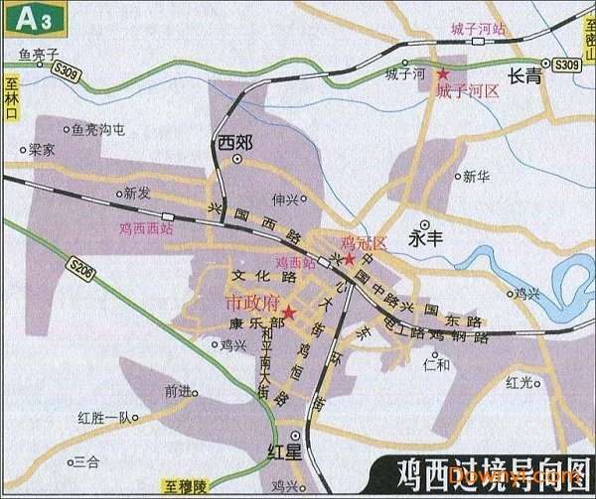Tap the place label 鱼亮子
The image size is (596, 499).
(x=40, y=56)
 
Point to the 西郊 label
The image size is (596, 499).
(x=235, y=142)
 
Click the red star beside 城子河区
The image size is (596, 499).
(x=443, y=74)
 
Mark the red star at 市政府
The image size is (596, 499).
(x=288, y=311)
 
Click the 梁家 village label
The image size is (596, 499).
(x=42, y=150)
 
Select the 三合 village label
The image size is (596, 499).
(x=87, y=461)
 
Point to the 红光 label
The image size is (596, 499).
(x=520, y=382)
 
